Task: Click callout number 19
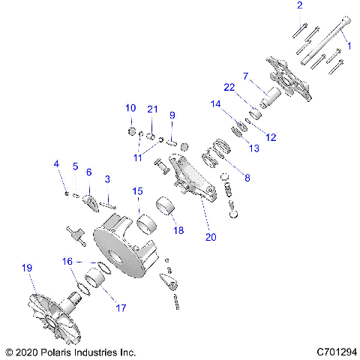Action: [x=28, y=268]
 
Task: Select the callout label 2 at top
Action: [x=299, y=6]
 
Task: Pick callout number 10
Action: [x=130, y=107]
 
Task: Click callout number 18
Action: [x=178, y=230]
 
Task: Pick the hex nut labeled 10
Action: [x=131, y=132]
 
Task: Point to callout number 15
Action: [x=136, y=192]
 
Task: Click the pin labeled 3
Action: [x=110, y=198]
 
